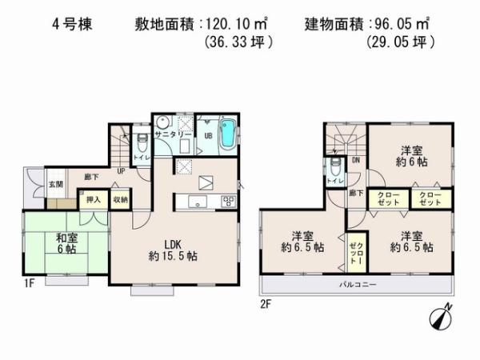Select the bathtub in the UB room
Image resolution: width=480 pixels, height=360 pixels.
226,133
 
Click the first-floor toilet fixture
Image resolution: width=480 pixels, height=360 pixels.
141,144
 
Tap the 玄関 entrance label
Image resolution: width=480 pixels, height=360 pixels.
54,184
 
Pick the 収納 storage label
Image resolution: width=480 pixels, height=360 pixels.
119,199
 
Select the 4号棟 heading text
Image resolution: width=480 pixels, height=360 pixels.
75,25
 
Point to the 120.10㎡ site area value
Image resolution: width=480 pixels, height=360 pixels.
241,25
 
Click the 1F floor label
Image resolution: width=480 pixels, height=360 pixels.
28,282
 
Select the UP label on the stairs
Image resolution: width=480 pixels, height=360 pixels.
121,170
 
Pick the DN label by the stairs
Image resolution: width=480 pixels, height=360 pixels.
355,159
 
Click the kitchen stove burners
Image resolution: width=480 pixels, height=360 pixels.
227,201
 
